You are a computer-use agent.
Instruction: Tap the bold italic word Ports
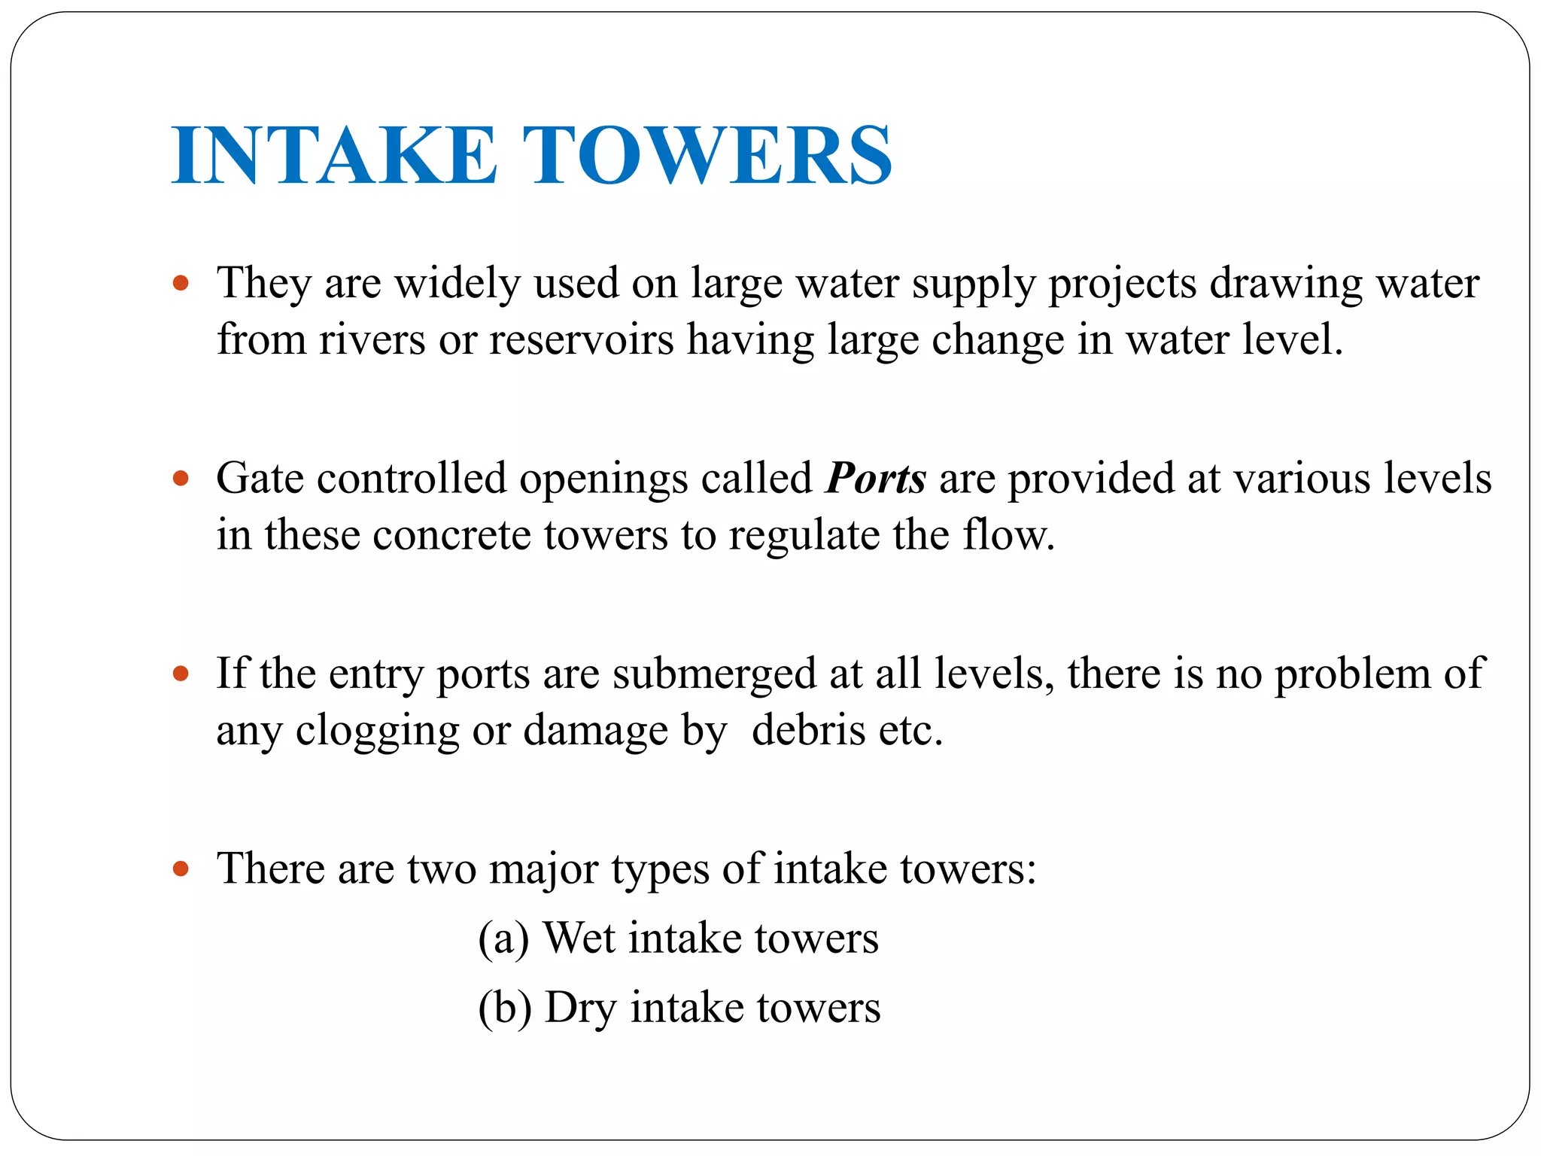875,479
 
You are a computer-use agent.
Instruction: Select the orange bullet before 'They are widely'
181,284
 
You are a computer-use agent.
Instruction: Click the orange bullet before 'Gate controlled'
181,479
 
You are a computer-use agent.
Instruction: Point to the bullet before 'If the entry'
181,673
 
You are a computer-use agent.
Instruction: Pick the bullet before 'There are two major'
181,869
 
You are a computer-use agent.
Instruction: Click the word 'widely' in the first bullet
457,284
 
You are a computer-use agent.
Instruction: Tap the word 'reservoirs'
581,340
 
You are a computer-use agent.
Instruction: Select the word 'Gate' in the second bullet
260,479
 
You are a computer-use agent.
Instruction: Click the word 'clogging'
377,732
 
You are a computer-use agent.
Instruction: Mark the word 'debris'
808,730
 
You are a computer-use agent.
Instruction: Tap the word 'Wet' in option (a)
579,938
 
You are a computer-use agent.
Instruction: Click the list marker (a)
503,939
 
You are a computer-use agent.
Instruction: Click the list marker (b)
505,1008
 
